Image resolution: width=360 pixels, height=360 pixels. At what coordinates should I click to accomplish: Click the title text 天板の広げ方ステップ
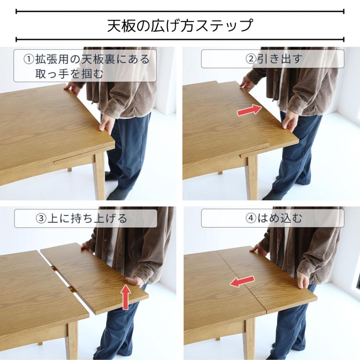click(x=180, y=25)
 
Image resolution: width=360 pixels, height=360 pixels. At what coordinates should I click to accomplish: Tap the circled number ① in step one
click(x=29, y=60)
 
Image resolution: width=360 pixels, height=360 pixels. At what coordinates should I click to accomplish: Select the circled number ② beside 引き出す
click(x=251, y=59)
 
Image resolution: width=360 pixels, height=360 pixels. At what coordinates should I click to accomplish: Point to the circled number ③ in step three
click(x=41, y=218)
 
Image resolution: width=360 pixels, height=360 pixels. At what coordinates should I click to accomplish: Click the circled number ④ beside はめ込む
click(x=251, y=218)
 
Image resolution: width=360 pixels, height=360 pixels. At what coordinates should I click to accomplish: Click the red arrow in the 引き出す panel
click(x=249, y=110)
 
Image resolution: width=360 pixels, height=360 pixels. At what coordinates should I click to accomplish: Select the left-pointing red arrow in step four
click(x=242, y=281)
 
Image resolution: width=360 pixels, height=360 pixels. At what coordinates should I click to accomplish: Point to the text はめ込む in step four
click(x=279, y=218)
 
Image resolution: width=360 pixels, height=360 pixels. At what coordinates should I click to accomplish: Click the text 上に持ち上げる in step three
click(x=87, y=218)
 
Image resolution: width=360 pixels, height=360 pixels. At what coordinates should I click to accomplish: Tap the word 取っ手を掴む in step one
click(x=69, y=73)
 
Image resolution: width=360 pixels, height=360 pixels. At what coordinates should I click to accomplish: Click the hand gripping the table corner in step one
click(x=106, y=123)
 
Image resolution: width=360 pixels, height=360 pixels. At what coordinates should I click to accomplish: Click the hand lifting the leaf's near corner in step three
click(x=135, y=281)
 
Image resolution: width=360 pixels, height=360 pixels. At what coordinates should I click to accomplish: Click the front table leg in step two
click(x=252, y=177)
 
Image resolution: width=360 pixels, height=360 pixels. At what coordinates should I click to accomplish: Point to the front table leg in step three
click(x=72, y=340)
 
